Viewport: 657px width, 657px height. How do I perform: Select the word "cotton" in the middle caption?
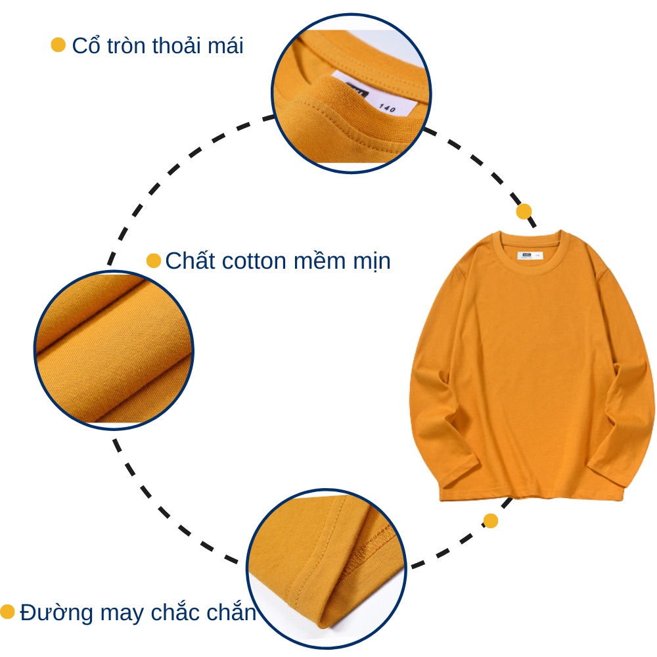click(x=254, y=261)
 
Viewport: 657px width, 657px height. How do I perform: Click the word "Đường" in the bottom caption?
click(x=57, y=612)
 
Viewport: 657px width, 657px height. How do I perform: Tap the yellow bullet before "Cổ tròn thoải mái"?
click(x=58, y=45)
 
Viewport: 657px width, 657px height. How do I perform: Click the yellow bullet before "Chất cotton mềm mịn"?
click(x=154, y=260)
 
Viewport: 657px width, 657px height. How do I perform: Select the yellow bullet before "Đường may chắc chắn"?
click(x=7, y=612)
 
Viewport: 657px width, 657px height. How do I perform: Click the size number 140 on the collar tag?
click(x=387, y=108)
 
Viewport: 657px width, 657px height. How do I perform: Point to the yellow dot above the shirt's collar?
click(x=524, y=211)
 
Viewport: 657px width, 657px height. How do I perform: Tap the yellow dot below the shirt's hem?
click(x=491, y=521)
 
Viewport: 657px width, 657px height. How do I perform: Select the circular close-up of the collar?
click(x=351, y=93)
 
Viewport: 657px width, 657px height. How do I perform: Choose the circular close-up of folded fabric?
click(x=114, y=350)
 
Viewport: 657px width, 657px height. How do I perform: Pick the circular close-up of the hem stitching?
click(x=326, y=568)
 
